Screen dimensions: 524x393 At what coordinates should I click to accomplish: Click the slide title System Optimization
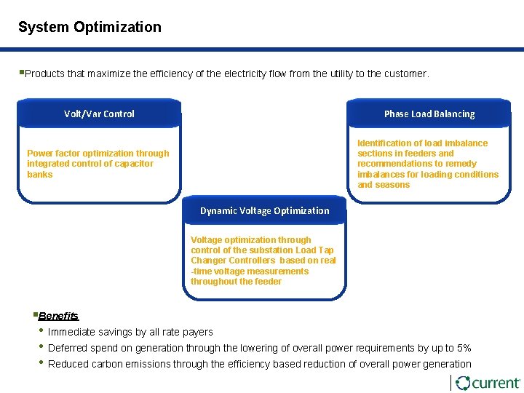(90, 28)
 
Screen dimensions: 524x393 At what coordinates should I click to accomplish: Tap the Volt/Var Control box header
(99, 114)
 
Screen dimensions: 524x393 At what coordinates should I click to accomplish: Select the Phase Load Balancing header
(429, 114)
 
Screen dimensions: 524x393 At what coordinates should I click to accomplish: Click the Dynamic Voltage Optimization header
(265, 210)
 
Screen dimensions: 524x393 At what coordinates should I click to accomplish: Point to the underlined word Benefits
(58, 316)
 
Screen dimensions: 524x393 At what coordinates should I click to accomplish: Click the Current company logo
(486, 383)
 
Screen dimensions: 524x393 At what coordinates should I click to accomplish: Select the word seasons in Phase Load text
(393, 185)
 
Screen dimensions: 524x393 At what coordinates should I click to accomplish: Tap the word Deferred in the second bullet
(68, 348)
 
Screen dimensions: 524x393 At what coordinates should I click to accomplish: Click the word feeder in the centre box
(267, 282)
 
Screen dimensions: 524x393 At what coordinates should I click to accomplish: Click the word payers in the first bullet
(197, 332)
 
